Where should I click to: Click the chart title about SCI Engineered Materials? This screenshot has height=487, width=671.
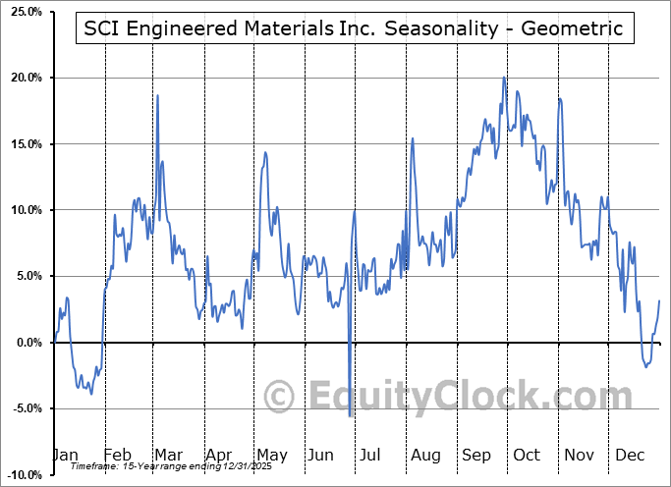(x=353, y=27)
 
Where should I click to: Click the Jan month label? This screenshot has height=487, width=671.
(x=65, y=456)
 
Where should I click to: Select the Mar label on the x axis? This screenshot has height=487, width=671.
(x=169, y=456)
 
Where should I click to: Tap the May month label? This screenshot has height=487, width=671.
(x=271, y=456)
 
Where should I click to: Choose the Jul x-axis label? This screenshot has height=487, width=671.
(x=371, y=456)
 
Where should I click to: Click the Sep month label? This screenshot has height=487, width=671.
(x=477, y=456)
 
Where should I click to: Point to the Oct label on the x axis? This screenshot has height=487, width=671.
(x=528, y=456)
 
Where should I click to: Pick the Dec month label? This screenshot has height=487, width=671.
(x=631, y=456)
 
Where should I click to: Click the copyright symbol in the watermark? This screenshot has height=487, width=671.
(x=281, y=397)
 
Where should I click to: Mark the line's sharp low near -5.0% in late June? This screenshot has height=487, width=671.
(x=350, y=415)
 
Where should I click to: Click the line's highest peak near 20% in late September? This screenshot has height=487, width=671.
(x=504, y=78)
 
